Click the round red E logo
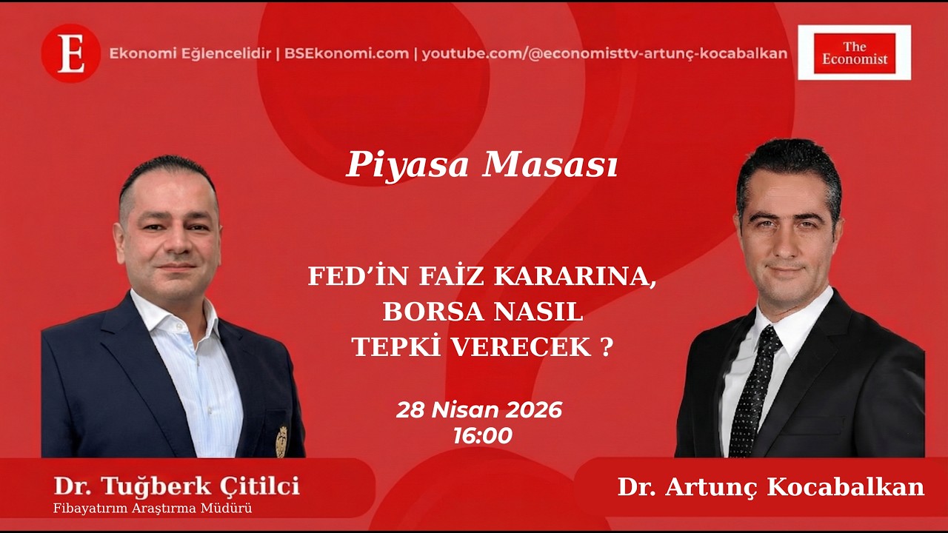(70, 53)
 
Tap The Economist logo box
(854, 53)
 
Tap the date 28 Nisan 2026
(479, 410)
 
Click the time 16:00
(482, 436)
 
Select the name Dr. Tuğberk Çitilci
(176, 486)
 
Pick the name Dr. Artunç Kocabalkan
(771, 487)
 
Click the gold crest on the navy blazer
(281, 442)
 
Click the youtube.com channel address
(604, 53)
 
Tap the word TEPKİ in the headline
(393, 347)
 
